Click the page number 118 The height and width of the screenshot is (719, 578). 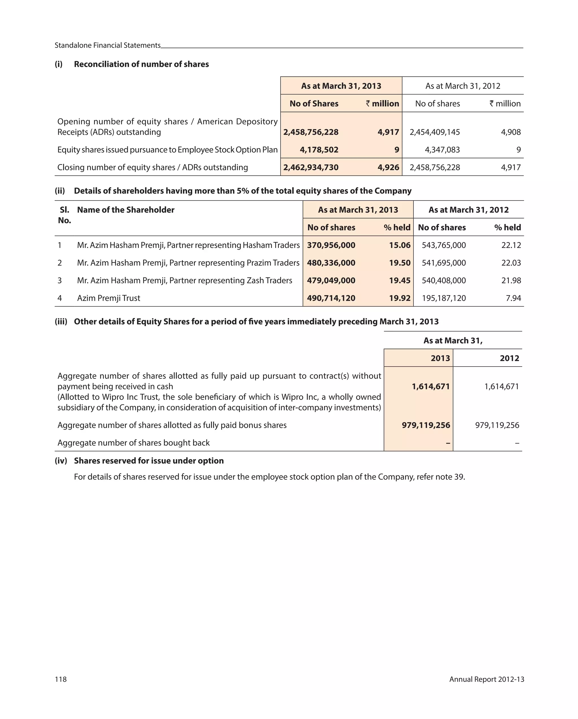click(x=61, y=679)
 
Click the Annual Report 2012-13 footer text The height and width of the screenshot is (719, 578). click(x=486, y=679)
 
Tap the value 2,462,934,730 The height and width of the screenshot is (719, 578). click(x=311, y=167)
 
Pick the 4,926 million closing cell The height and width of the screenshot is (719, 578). click(x=388, y=167)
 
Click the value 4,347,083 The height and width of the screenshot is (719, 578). click(x=442, y=150)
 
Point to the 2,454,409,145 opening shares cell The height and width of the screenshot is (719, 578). click(x=434, y=132)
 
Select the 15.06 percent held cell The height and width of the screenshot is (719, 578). click(x=399, y=245)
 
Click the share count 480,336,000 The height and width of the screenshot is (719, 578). click(x=331, y=263)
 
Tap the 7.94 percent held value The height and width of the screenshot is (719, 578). click(x=513, y=298)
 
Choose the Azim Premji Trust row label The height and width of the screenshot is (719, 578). click(x=108, y=298)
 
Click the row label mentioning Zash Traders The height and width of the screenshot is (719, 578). click(x=184, y=280)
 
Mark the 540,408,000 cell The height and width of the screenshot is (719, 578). click(x=444, y=280)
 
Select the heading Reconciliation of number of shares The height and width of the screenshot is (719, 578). click(x=141, y=64)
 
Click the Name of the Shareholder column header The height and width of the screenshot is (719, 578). click(x=126, y=210)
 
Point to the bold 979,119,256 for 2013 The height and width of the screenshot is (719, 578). click(x=426, y=425)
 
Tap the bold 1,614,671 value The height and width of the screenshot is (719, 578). click(x=431, y=387)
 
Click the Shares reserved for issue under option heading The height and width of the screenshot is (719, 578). click(x=149, y=461)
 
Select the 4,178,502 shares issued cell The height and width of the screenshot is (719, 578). click(x=319, y=150)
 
